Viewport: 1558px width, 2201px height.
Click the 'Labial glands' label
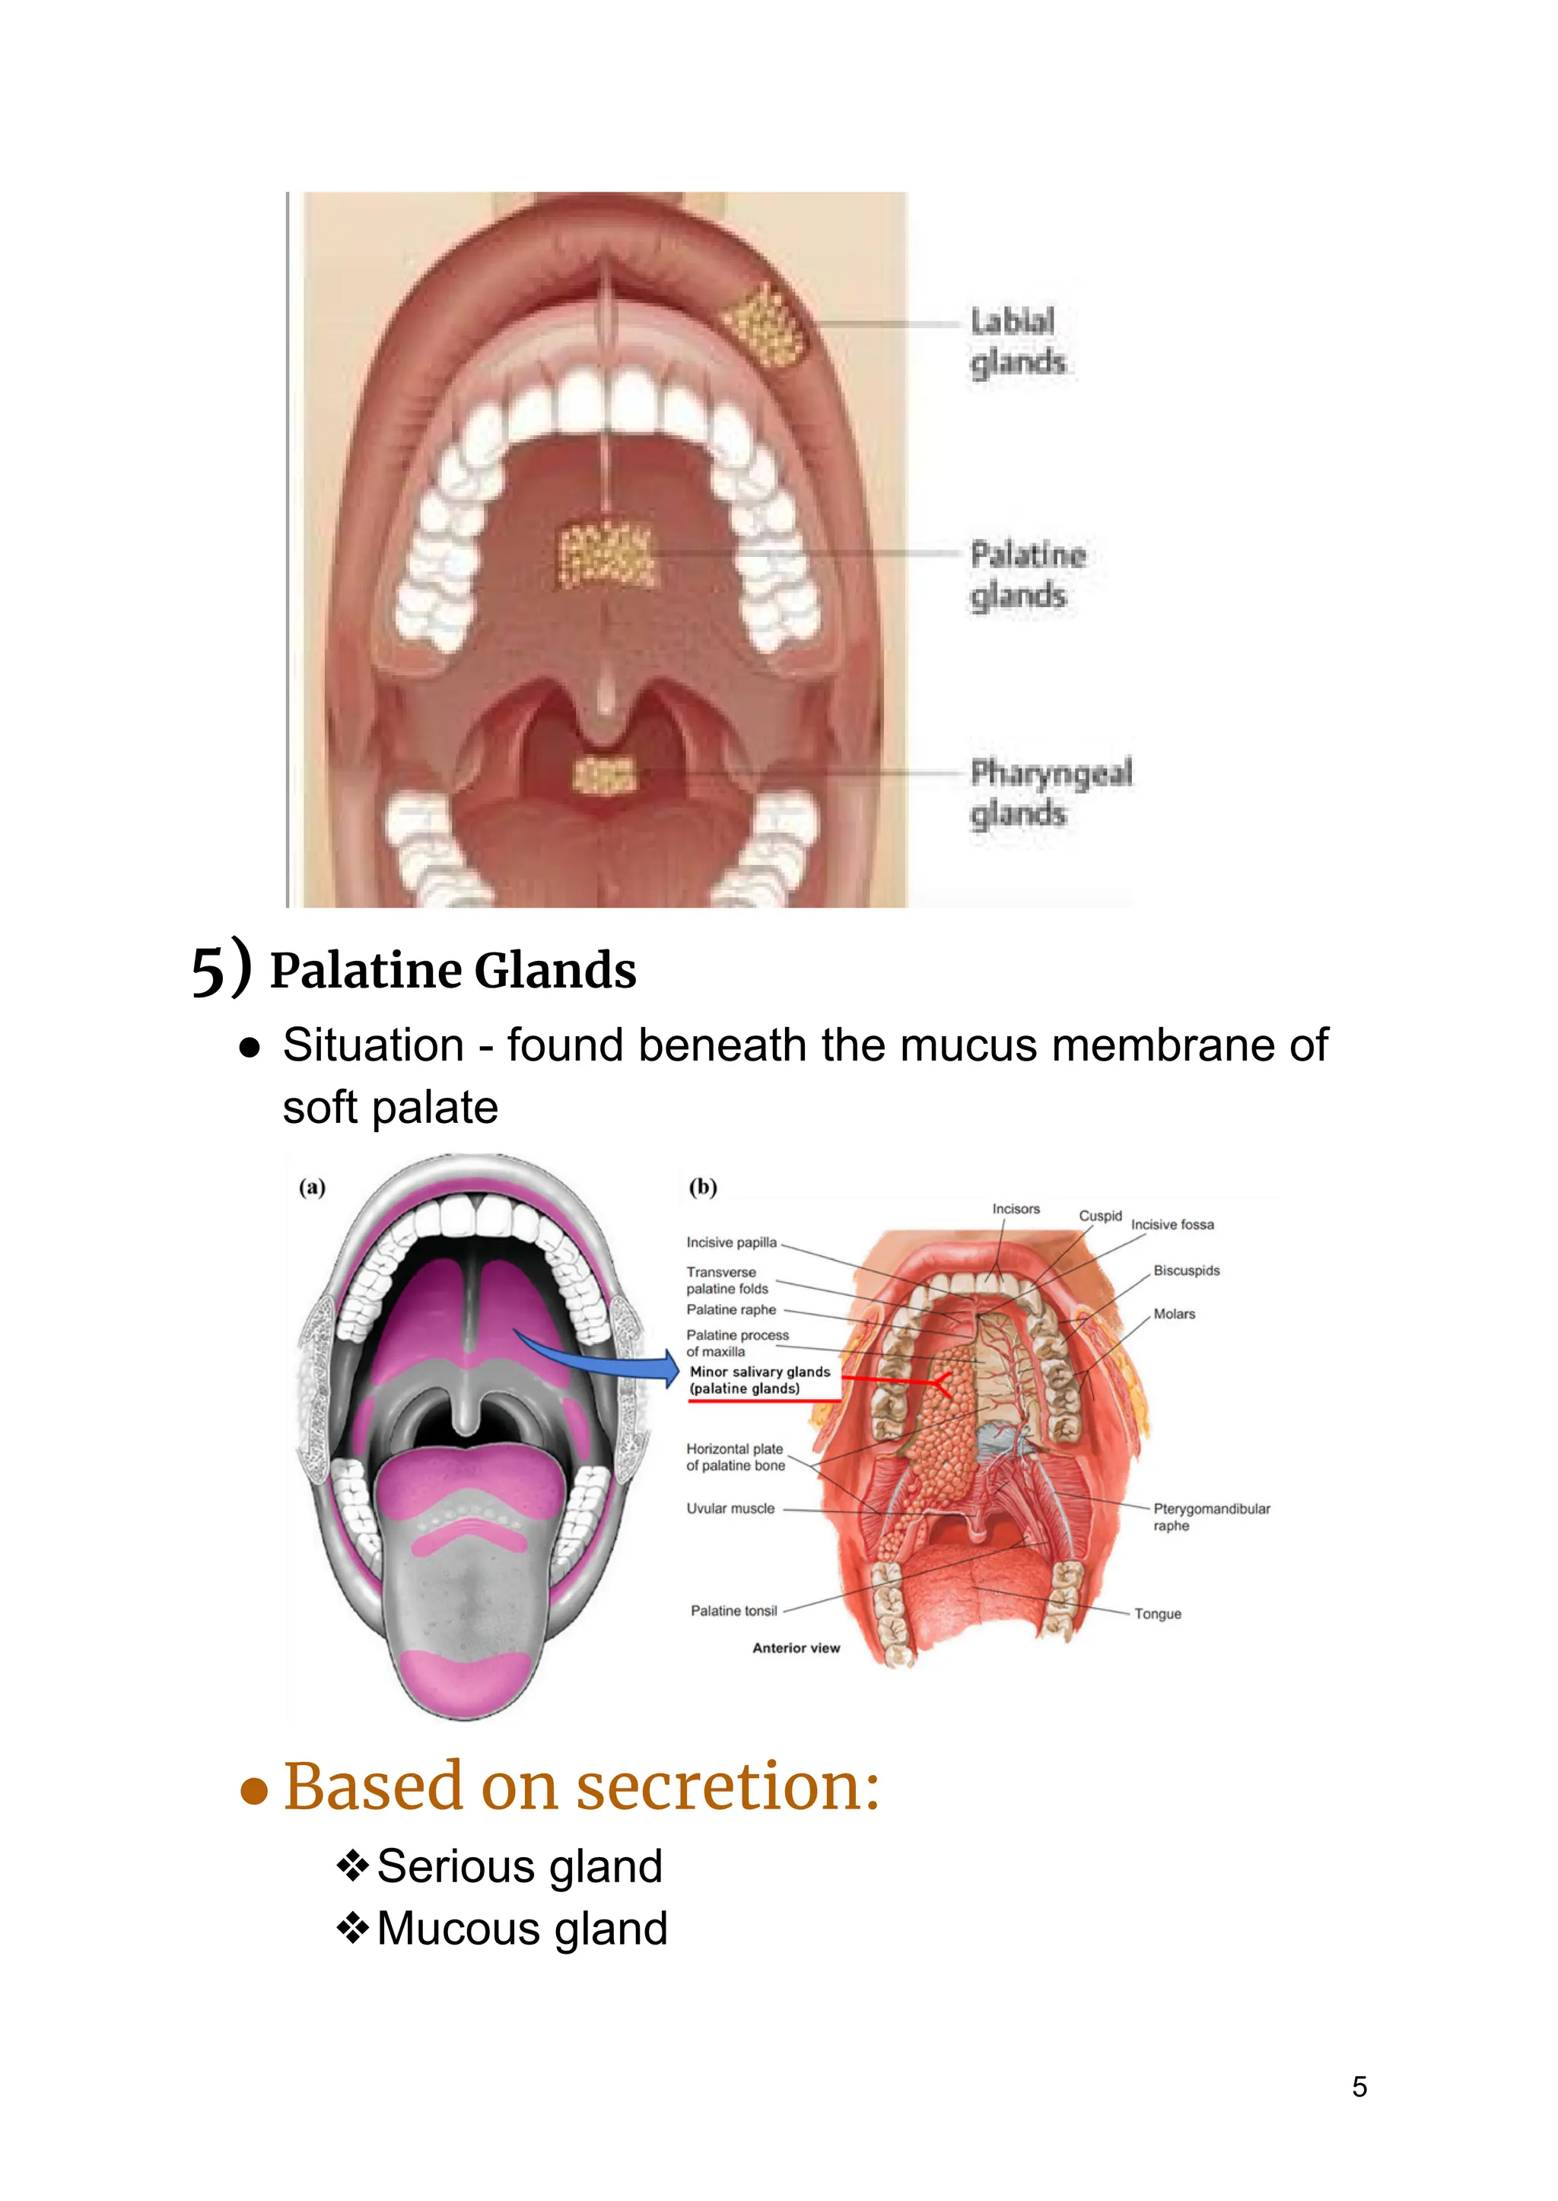tap(1017, 342)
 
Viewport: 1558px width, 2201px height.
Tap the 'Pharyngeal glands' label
tap(1050, 793)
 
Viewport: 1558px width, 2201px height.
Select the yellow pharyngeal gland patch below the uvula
tap(604, 774)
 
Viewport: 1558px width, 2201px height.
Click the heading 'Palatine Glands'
tap(453, 970)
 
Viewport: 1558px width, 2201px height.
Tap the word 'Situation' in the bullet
tap(374, 1045)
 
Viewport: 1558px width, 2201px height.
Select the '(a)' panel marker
tap(312, 1187)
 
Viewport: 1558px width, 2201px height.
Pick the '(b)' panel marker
tap(702, 1187)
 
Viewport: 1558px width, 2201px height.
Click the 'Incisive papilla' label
tap(731, 1242)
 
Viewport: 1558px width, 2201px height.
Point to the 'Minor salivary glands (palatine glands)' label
tap(759, 1379)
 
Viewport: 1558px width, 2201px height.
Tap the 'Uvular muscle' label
tap(730, 1508)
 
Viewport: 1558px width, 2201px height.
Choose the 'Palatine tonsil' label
tap(734, 1611)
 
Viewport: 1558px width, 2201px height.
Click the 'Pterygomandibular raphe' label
tap(1210, 1517)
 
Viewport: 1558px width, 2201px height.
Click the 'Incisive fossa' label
tap(1172, 1225)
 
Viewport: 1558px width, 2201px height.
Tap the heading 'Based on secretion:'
tap(581, 1786)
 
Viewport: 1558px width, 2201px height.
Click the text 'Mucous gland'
tap(522, 1929)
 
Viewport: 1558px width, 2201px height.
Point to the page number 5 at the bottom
tap(1359, 2087)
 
